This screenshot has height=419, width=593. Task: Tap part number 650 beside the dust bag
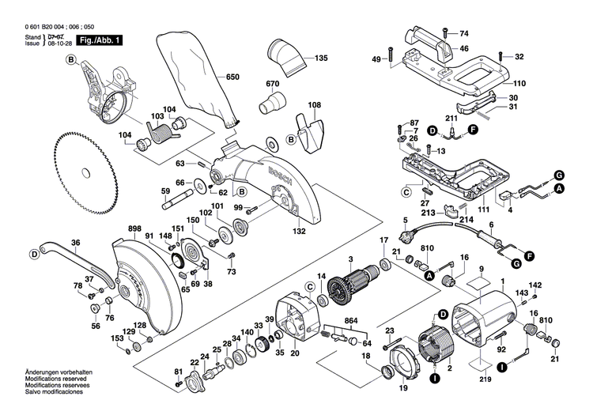(232, 77)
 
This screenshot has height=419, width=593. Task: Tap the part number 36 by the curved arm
(75, 243)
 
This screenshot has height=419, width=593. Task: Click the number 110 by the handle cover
(519, 84)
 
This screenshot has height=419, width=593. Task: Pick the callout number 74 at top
(464, 33)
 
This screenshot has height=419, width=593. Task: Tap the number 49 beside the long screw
(376, 59)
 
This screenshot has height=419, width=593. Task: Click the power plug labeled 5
(410, 235)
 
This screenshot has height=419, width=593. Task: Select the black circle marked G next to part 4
(558, 174)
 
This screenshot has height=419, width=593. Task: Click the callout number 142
(535, 285)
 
